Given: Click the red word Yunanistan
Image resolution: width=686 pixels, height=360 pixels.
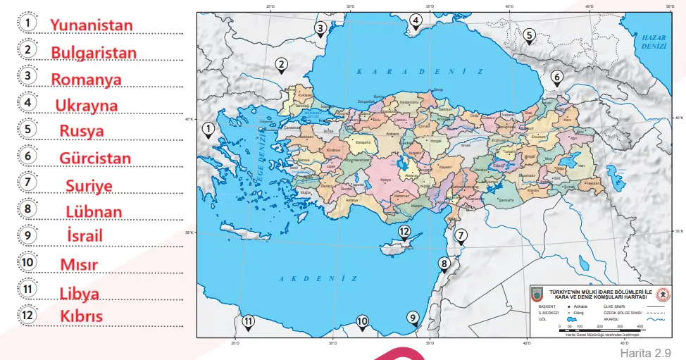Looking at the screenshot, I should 91,25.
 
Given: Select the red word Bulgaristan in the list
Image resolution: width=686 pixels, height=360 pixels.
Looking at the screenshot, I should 94,53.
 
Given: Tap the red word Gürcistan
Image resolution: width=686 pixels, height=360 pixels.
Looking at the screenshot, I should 95,158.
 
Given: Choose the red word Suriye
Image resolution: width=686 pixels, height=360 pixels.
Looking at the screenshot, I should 89,185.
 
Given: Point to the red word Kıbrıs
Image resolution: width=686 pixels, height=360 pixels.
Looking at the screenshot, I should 81,316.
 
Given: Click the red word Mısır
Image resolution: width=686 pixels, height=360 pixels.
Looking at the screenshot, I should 78,264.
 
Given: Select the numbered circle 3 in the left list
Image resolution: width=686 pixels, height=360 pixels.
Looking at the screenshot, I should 27,75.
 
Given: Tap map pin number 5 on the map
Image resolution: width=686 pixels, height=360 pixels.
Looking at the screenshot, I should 529,35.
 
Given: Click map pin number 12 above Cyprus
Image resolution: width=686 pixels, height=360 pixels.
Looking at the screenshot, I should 404,232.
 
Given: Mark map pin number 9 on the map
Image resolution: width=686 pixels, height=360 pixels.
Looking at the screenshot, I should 413,318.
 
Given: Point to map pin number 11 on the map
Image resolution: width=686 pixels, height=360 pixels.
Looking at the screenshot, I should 248,323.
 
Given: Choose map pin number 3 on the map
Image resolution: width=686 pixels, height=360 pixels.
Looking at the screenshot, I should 320,30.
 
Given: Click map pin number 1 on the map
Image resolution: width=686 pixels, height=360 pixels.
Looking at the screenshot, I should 208,130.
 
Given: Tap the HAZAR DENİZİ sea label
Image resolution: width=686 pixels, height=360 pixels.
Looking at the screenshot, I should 653,40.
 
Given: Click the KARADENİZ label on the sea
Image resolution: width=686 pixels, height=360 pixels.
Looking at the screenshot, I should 420,71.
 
